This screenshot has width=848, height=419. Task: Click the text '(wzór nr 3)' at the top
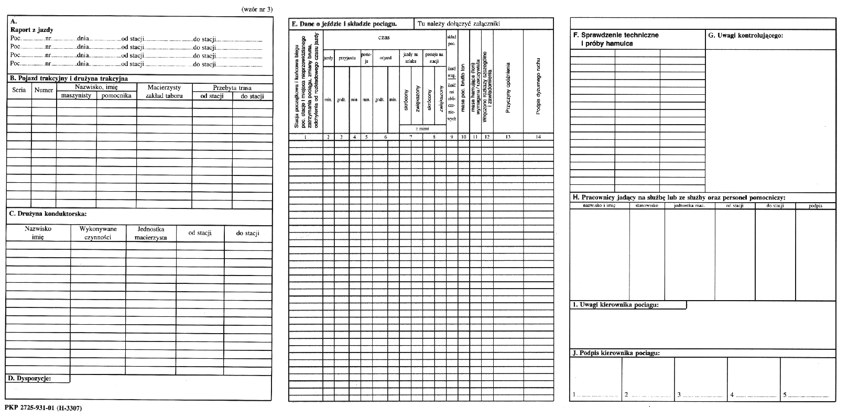point(257,9)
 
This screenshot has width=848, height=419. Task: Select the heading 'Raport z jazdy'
point(32,30)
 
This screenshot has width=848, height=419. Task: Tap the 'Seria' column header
point(19,90)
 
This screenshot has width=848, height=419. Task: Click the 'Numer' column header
point(44,90)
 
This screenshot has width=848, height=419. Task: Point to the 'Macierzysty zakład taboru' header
point(164,92)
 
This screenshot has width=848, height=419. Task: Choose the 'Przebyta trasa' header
point(232,88)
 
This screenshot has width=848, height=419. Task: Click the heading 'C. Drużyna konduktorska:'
point(48,214)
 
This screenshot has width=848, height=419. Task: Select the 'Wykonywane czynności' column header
point(98,233)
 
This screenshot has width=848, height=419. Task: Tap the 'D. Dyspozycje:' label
point(30,378)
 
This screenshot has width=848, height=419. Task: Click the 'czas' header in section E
point(384,38)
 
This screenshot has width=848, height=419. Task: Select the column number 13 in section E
point(507,137)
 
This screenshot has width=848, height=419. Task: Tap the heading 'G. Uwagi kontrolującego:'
point(745,36)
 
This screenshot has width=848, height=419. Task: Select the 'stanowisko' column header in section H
point(647,206)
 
